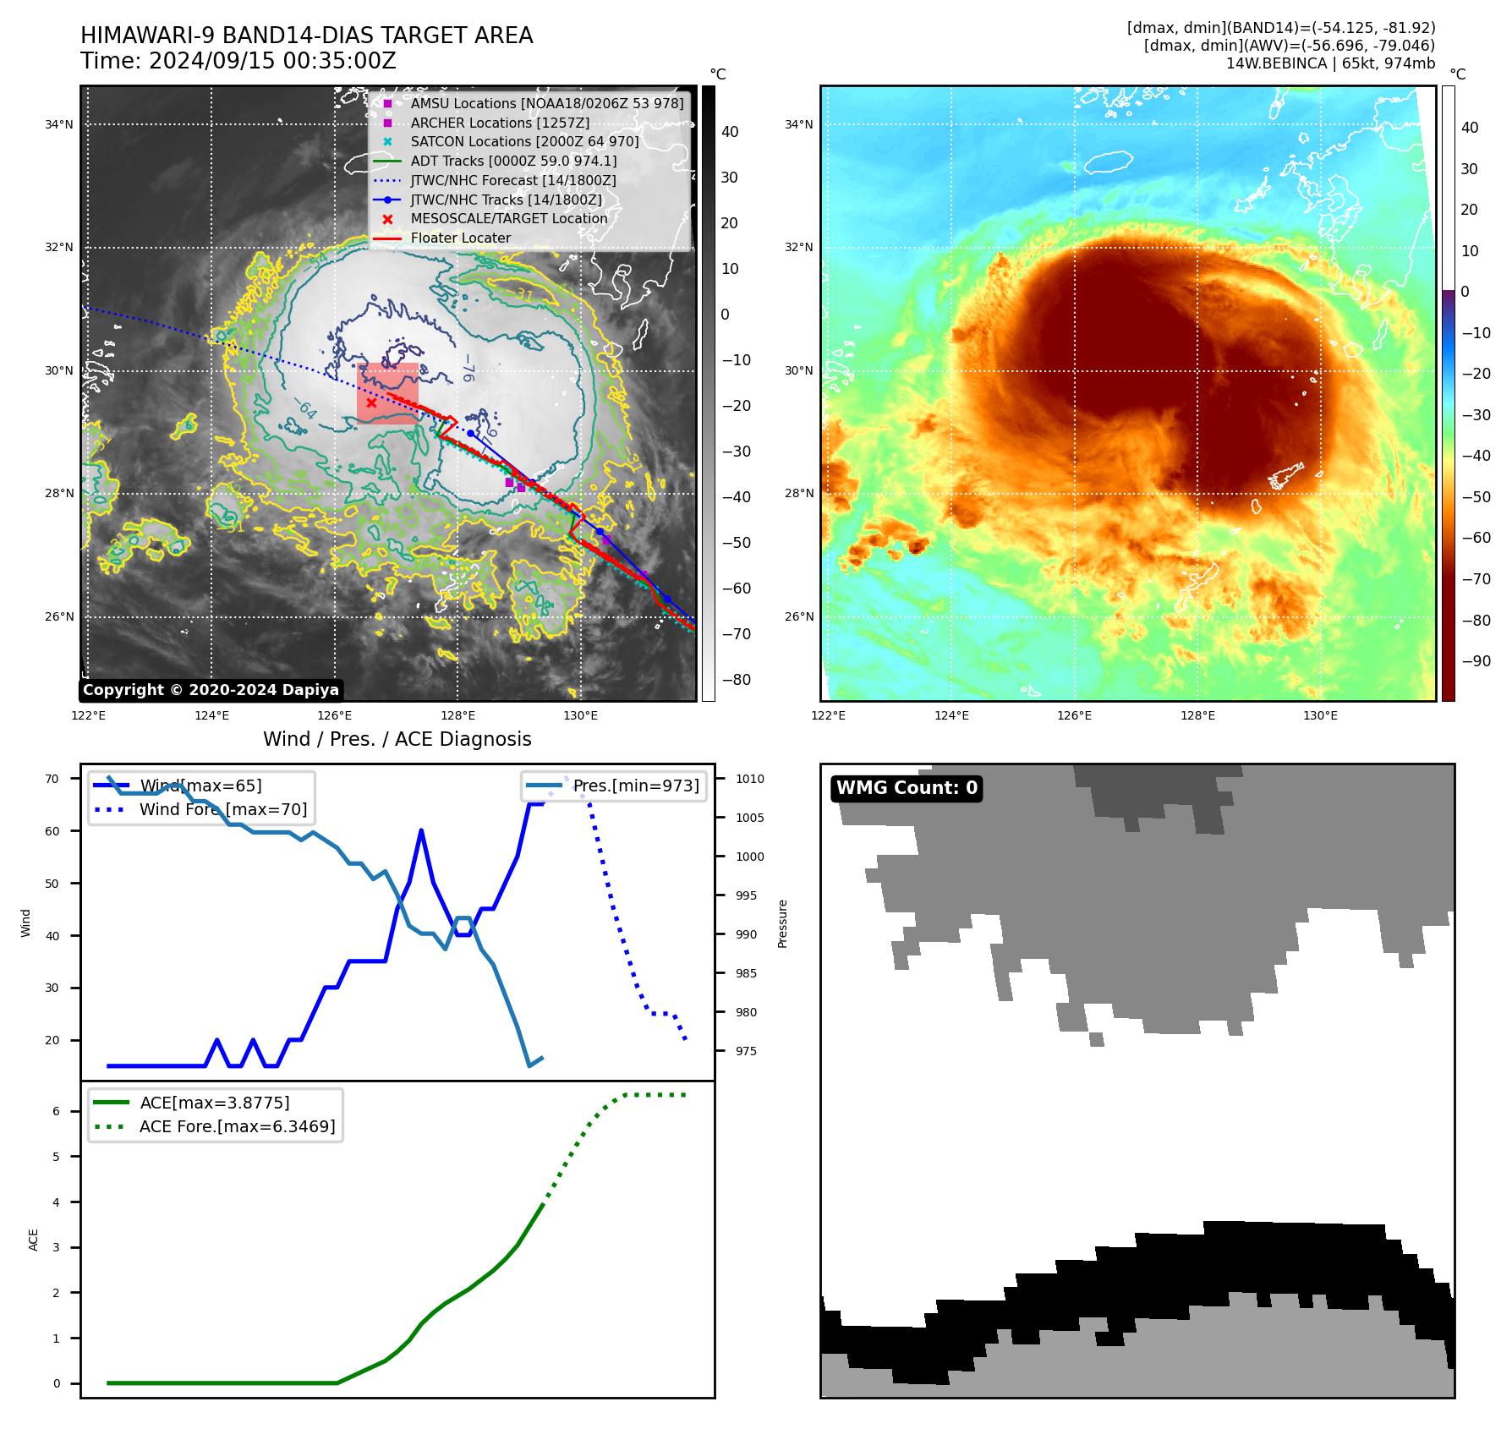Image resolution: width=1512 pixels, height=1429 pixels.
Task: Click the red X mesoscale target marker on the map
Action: (x=371, y=402)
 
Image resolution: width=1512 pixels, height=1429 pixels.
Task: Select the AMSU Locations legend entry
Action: (x=546, y=104)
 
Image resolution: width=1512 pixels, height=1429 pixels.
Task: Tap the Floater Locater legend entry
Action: (x=460, y=238)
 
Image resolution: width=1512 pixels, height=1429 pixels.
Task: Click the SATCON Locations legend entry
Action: (x=524, y=142)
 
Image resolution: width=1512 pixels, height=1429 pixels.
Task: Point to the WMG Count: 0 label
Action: (x=907, y=788)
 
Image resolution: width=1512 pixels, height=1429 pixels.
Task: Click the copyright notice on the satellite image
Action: (x=211, y=690)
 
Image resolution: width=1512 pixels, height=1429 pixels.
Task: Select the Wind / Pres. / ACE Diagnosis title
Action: (x=397, y=739)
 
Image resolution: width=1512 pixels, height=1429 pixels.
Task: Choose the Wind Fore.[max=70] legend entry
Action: (x=223, y=810)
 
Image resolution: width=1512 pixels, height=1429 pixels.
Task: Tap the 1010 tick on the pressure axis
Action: (x=749, y=779)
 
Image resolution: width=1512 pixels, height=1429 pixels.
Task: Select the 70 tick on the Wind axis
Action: (x=52, y=779)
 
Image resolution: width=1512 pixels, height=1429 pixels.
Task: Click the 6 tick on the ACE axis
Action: (x=57, y=1111)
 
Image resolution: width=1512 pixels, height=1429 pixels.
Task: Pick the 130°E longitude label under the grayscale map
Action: (x=581, y=715)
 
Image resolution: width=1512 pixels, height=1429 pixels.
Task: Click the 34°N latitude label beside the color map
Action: (x=799, y=124)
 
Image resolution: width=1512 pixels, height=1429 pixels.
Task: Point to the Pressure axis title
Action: (x=782, y=923)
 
